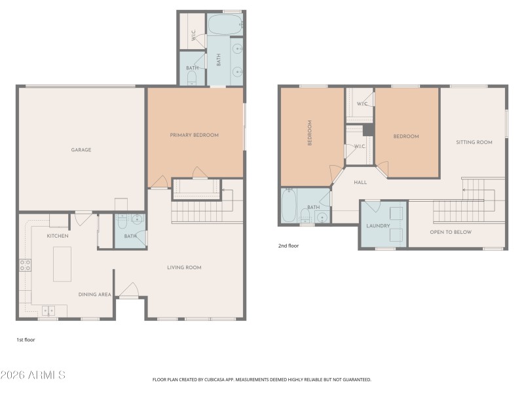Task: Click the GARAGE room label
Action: [81, 150]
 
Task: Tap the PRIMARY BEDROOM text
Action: [195, 135]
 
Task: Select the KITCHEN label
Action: [58, 236]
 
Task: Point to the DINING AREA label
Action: [95, 295]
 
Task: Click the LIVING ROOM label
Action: [184, 267]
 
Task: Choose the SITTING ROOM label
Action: [474, 142]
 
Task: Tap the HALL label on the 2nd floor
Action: [360, 183]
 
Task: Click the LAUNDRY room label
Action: [379, 226]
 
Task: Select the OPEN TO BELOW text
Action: [451, 232]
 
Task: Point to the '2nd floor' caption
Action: [289, 246]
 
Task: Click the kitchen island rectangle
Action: [62, 264]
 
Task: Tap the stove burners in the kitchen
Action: [25, 265]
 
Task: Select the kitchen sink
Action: [50, 310]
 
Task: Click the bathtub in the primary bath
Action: [225, 24]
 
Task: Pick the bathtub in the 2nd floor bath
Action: [289, 206]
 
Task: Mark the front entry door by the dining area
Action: [130, 290]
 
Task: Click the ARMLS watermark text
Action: [33, 375]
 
